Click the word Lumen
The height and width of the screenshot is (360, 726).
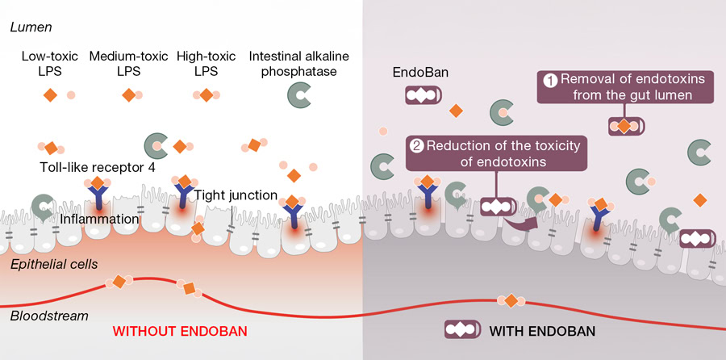[x=30, y=27]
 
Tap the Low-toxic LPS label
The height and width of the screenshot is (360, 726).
[x=49, y=64]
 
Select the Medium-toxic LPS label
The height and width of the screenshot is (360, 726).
[x=128, y=64]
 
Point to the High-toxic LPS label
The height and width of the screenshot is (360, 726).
[x=206, y=64]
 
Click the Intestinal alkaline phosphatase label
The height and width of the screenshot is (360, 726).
[x=299, y=64]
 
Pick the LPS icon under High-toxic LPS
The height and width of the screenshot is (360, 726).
[x=207, y=95]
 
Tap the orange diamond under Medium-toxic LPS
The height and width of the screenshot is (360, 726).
[x=128, y=95]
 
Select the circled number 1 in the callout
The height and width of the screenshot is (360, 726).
[x=549, y=80]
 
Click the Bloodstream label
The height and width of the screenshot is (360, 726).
[x=48, y=315]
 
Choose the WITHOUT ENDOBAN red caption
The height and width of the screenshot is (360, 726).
[x=179, y=331]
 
